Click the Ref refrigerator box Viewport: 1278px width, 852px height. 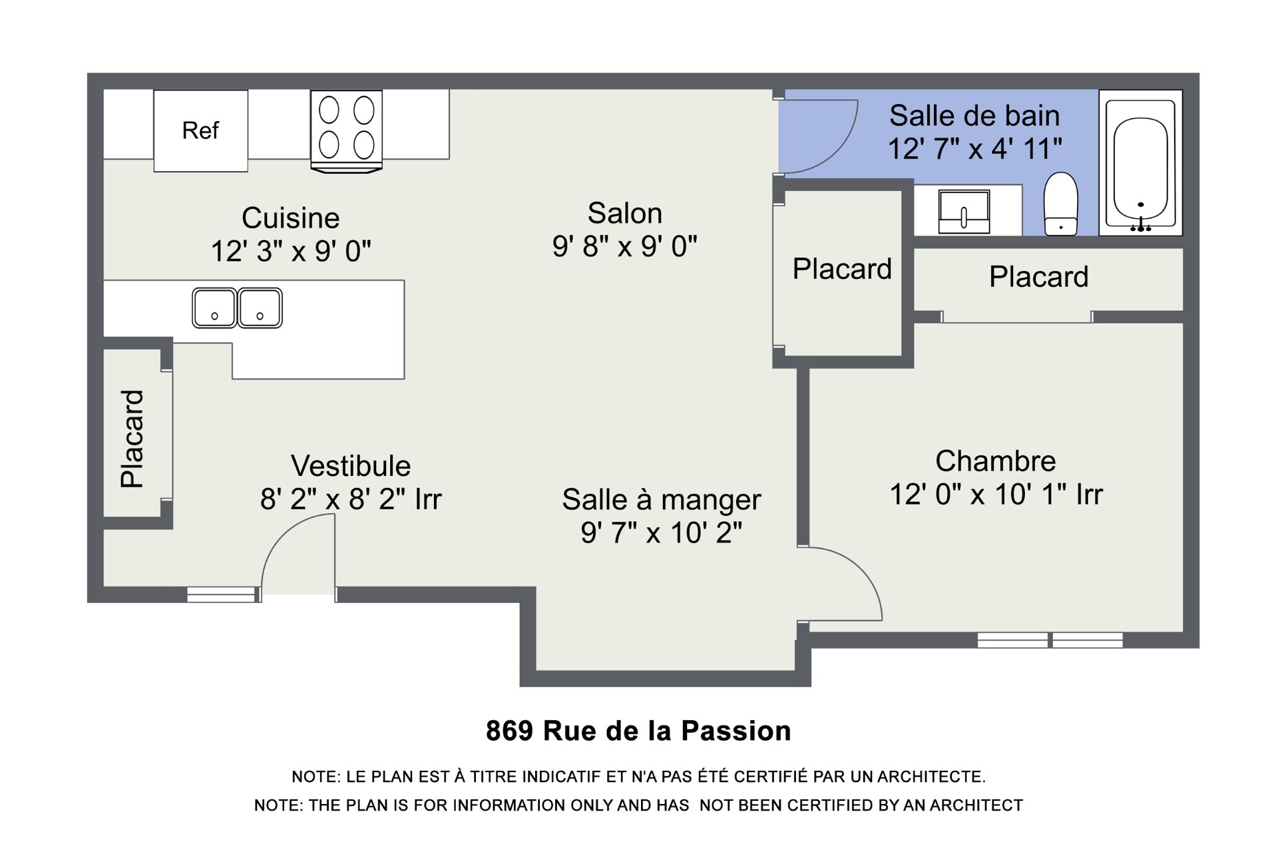pos(200,131)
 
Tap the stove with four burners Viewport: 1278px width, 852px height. pos(346,131)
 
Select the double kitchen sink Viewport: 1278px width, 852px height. pos(237,308)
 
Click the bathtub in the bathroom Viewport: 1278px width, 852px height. pos(1140,162)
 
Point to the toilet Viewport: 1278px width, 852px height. pos(1060,204)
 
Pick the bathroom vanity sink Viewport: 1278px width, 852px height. pos(964,212)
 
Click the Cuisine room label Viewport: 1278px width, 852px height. pos(290,218)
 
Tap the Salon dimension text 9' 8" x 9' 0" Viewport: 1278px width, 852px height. pos(624,246)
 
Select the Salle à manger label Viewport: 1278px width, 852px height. pos(661,500)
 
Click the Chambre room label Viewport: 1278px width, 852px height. pos(995,461)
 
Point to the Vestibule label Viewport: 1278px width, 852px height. pos(351,466)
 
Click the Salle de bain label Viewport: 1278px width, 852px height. pos(974,116)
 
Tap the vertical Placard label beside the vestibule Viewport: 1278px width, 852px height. pos(132,439)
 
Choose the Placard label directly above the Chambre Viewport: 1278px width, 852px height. pos(1038,276)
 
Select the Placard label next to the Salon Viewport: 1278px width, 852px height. pos(842,269)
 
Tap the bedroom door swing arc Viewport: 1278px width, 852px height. pos(863,570)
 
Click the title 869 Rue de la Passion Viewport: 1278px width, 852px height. pos(638,731)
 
